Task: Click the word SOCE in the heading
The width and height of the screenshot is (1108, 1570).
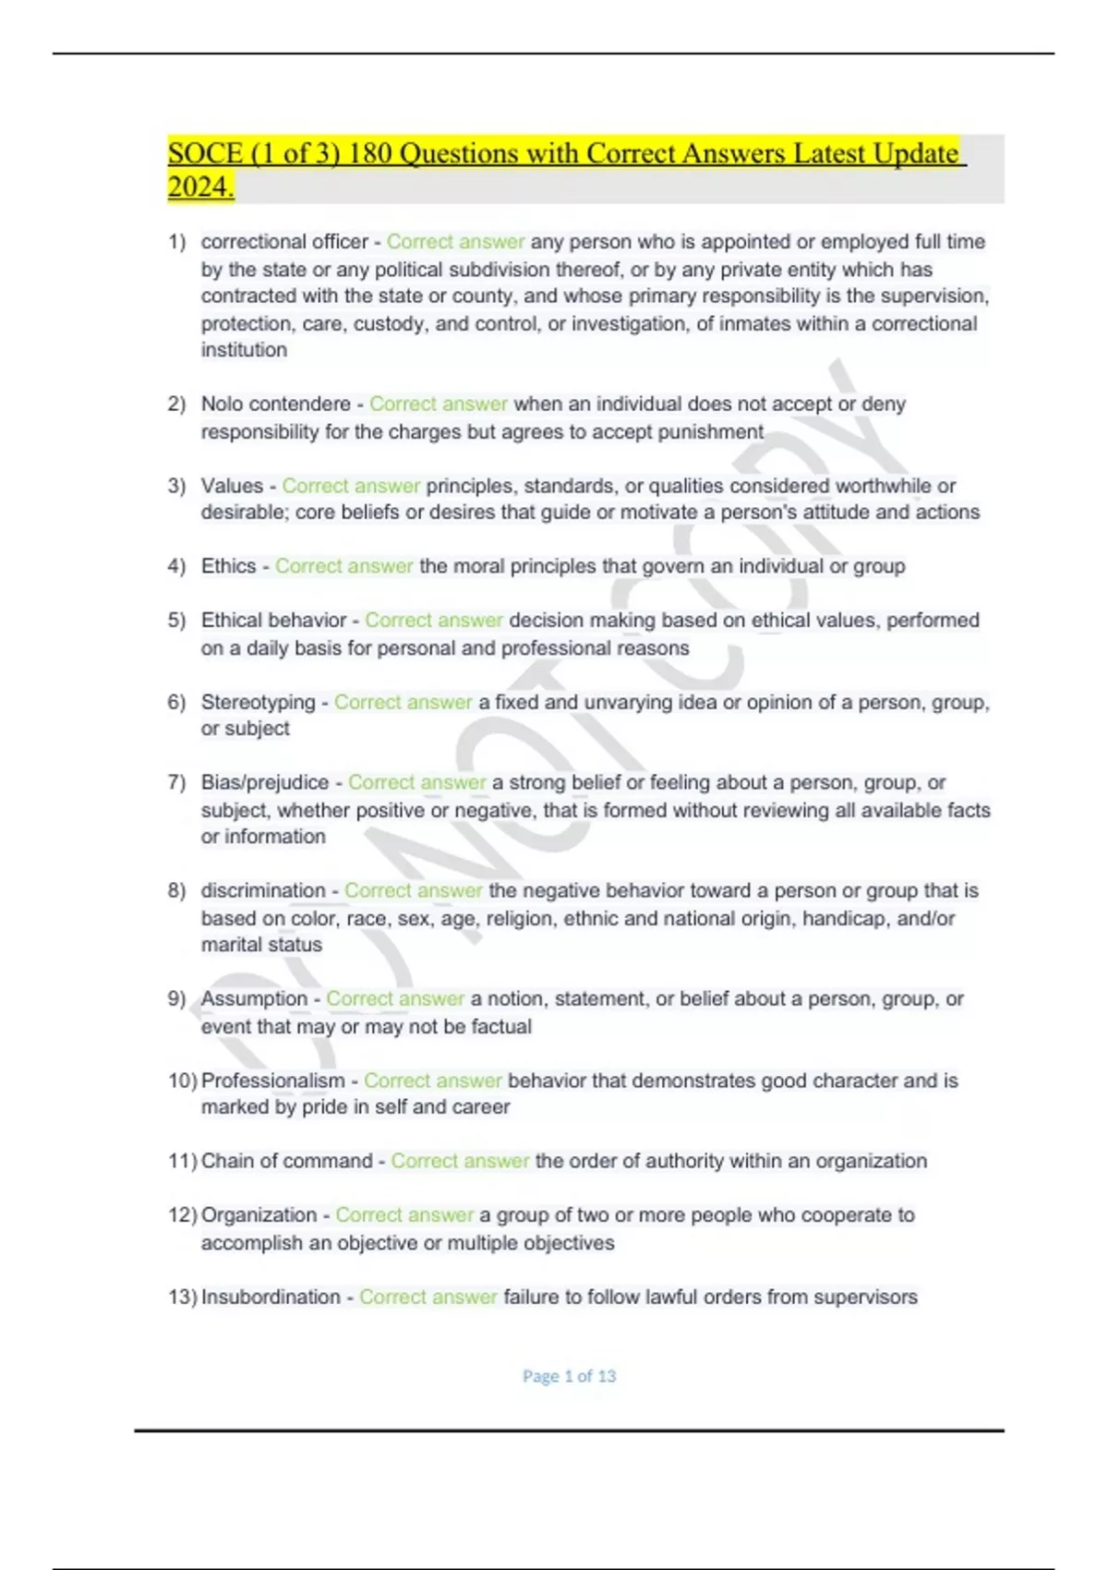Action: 205,153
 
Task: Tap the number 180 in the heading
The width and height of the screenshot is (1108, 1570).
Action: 370,153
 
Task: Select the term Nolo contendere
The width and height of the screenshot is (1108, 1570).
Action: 275,405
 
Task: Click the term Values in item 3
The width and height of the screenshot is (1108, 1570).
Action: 232,486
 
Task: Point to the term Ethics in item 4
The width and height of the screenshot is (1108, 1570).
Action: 228,566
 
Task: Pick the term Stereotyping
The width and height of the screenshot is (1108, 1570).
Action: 258,702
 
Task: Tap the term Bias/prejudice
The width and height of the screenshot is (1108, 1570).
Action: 264,782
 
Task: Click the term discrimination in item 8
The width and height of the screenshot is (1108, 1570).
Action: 263,890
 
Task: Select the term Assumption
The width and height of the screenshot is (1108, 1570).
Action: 254,998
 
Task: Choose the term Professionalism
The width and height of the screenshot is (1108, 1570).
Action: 272,1081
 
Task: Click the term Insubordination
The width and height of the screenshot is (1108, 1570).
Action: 271,1297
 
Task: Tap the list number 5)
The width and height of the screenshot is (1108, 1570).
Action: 177,621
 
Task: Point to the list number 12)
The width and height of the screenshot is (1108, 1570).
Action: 182,1215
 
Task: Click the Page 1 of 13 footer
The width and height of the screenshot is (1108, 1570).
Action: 569,1376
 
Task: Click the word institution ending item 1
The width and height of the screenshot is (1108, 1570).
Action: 244,350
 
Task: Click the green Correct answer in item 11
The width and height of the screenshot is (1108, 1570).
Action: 460,1161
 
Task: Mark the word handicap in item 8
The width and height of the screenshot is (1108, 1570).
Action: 843,918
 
